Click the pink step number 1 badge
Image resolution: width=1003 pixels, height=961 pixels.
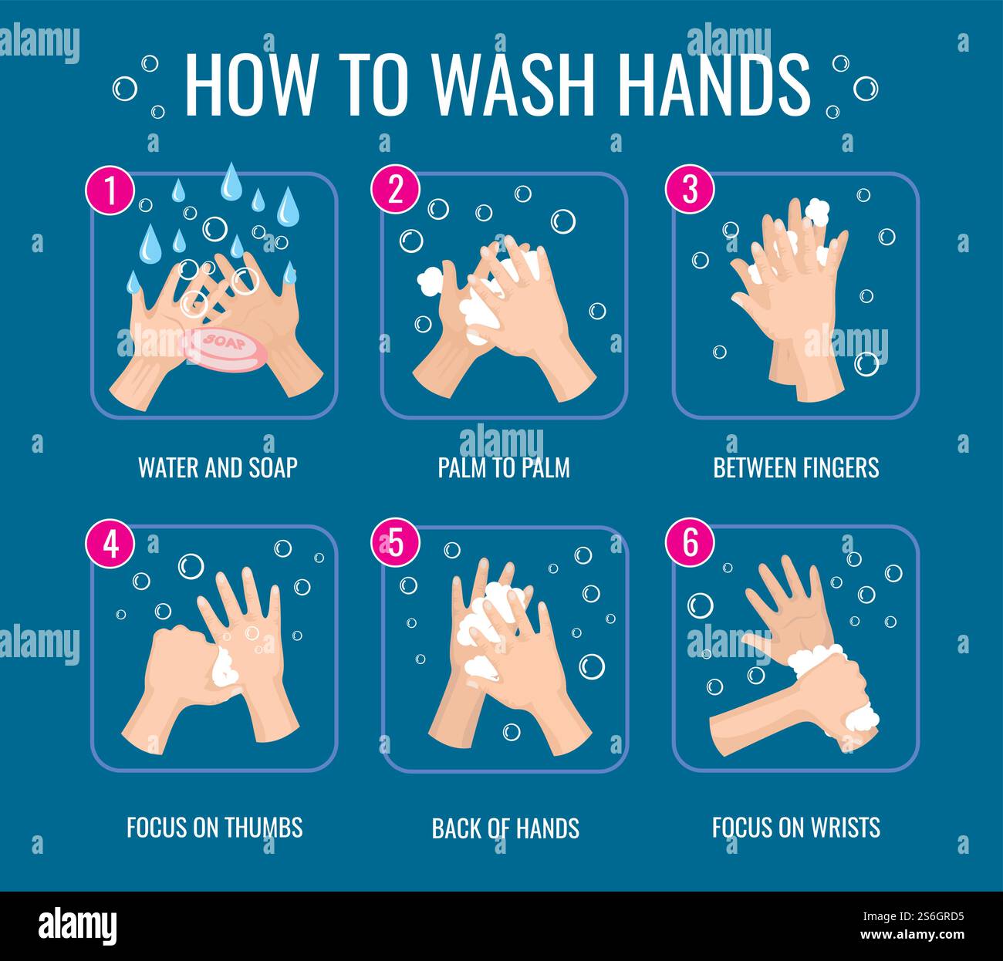110,191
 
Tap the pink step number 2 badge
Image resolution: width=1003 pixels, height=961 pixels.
395,191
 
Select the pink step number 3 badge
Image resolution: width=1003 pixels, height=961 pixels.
689,191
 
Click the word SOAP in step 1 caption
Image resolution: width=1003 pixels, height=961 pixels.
273,467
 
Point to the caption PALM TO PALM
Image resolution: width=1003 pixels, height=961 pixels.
504,467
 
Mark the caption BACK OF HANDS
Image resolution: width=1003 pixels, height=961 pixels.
505,828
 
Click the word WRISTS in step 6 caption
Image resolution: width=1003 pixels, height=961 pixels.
845,828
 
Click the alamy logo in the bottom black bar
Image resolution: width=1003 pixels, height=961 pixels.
78,924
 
